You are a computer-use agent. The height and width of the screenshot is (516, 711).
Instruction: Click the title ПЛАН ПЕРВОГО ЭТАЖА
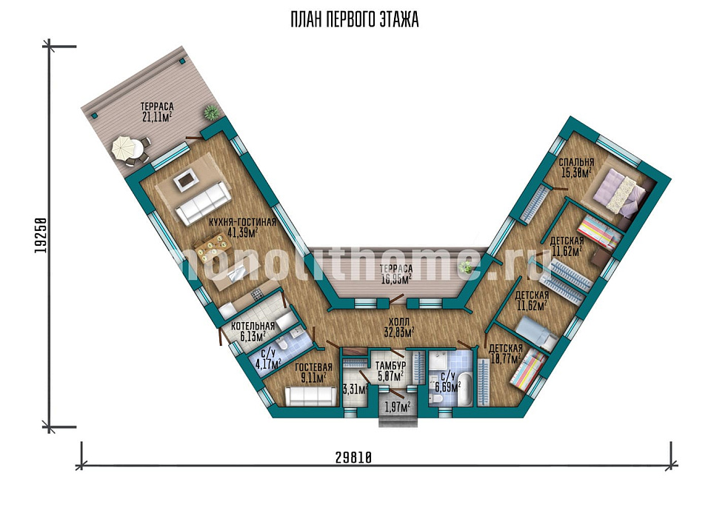(x=355, y=21)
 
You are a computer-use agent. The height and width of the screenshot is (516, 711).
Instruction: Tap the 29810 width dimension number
(x=354, y=458)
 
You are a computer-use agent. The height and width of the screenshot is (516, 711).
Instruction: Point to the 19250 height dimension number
(x=41, y=236)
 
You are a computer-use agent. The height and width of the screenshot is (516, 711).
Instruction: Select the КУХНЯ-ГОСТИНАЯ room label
(x=243, y=222)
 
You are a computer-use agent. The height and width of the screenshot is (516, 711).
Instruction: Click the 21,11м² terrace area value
(x=156, y=117)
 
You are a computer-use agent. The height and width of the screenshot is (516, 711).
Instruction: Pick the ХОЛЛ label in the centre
(x=399, y=323)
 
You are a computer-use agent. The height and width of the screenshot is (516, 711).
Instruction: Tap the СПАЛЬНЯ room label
(x=576, y=162)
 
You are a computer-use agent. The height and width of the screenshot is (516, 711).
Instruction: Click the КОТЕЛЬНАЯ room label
(x=253, y=326)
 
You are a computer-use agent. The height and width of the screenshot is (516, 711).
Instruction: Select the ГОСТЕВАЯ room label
(x=313, y=366)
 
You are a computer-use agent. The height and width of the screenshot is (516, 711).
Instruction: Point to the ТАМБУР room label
(x=390, y=366)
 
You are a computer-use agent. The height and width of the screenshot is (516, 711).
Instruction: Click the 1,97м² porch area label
(x=398, y=406)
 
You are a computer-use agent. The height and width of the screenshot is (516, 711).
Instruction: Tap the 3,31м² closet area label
(x=355, y=389)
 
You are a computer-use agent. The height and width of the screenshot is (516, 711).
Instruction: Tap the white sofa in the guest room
(x=311, y=396)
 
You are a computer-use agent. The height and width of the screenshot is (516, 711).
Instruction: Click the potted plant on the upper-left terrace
(x=210, y=112)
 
